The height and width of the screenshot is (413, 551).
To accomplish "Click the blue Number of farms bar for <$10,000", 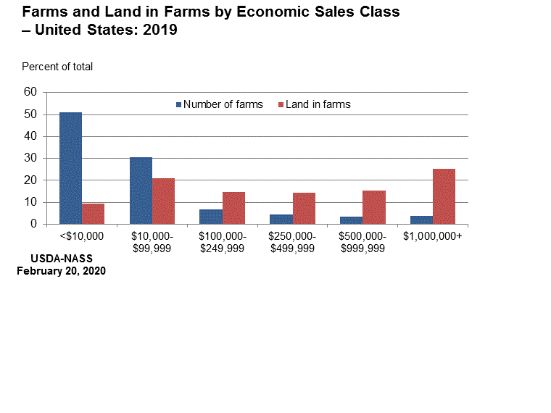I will [70, 168].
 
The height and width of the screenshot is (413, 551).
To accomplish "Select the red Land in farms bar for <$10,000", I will [93, 214].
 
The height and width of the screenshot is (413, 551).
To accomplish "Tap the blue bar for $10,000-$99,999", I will [141, 191].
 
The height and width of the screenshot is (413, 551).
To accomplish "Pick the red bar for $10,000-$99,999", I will [163, 201].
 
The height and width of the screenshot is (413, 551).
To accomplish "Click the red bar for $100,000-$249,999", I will [233, 208].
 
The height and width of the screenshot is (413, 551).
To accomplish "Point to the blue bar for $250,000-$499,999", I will [281, 219].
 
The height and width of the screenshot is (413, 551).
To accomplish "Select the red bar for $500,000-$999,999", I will [373, 207].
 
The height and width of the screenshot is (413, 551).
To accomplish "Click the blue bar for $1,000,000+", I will [421, 220].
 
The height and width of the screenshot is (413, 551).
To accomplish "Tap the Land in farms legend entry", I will [318, 104].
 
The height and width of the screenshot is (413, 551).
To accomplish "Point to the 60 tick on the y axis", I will [30, 92].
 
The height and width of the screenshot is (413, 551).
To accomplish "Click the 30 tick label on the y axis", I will [30, 158].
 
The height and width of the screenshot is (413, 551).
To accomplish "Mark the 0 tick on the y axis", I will [33, 224].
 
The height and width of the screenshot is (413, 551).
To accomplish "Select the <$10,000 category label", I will [81, 236].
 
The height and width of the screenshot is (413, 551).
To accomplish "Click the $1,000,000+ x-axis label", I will [433, 236].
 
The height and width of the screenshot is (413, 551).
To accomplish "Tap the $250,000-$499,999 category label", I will [291, 242].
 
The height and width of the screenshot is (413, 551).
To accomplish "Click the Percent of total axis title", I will [57, 67].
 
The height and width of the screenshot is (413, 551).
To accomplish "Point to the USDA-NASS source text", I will [62, 259].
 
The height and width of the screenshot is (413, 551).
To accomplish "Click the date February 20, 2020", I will [62, 271].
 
